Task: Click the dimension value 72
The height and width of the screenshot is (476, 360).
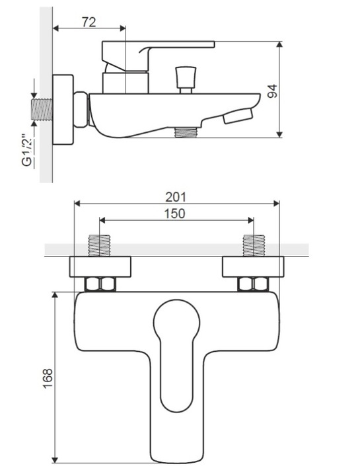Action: tap(89, 22)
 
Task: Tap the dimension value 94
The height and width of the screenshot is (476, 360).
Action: tap(272, 91)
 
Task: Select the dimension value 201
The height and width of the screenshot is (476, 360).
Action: tap(176, 197)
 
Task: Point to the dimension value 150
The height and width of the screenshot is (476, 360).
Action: tap(174, 214)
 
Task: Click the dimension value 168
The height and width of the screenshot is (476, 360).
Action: tap(48, 378)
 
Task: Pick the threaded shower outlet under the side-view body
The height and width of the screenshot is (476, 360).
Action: tap(186, 132)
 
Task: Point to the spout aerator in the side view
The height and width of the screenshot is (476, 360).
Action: tap(238, 116)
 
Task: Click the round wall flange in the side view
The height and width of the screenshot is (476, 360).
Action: tap(63, 110)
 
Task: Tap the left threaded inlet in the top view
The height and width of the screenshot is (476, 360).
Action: tap(99, 245)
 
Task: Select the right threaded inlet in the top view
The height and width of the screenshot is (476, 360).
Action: tap(254, 245)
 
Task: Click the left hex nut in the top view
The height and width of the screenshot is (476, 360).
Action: tap(100, 284)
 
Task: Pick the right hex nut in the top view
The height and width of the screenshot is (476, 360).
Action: tap(253, 284)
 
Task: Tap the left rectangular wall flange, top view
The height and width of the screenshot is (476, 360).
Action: tap(100, 267)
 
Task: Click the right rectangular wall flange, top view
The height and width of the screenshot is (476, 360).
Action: tap(253, 267)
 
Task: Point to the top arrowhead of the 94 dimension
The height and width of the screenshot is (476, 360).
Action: tap(279, 44)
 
